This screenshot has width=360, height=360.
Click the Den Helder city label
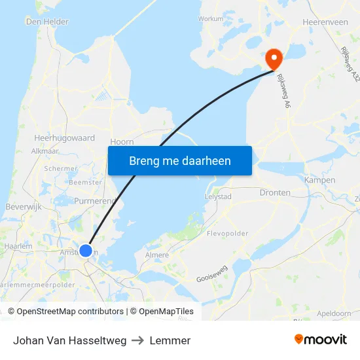[x=46, y=22]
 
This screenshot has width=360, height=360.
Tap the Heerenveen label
[x=325, y=22]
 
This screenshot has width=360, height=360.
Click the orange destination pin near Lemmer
[x=273, y=58]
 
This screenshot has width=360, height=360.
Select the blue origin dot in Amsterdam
[x=86, y=250]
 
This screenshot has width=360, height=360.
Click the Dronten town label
[x=275, y=192]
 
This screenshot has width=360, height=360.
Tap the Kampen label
[x=320, y=180]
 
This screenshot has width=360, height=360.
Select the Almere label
[x=157, y=255]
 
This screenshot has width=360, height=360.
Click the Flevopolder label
[x=227, y=232]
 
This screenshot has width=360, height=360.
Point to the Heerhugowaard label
[x=65, y=138]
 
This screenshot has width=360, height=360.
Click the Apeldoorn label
[x=334, y=314]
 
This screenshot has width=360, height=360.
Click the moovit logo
[x=321, y=340]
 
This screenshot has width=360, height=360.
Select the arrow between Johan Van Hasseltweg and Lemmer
[x=138, y=340]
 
